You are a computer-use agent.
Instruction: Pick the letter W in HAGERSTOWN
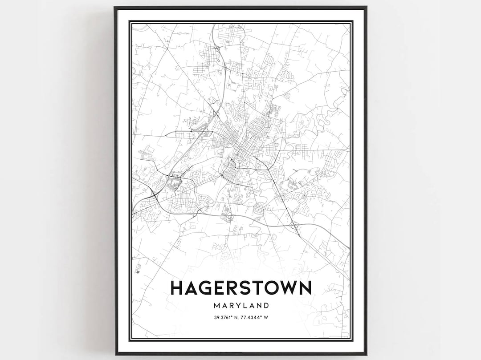pos(290,288)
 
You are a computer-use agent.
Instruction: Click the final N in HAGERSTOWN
pos(305,288)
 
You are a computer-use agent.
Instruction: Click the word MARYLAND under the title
pos(241,306)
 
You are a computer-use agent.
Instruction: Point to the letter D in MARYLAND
pos(266,306)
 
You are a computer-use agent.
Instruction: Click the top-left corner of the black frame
pos(115,8)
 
